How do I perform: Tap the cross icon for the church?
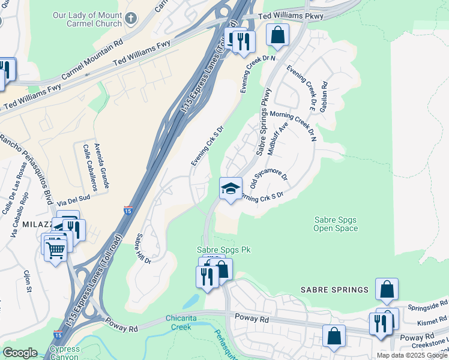point(132,20)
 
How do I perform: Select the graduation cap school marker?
point(231,190)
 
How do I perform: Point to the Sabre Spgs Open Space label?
point(336,224)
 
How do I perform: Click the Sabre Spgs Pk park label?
point(223,250)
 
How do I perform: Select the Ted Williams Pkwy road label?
point(290,16)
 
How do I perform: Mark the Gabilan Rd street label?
point(324,96)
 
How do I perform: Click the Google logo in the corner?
point(19,353)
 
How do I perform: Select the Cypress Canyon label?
point(64,353)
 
